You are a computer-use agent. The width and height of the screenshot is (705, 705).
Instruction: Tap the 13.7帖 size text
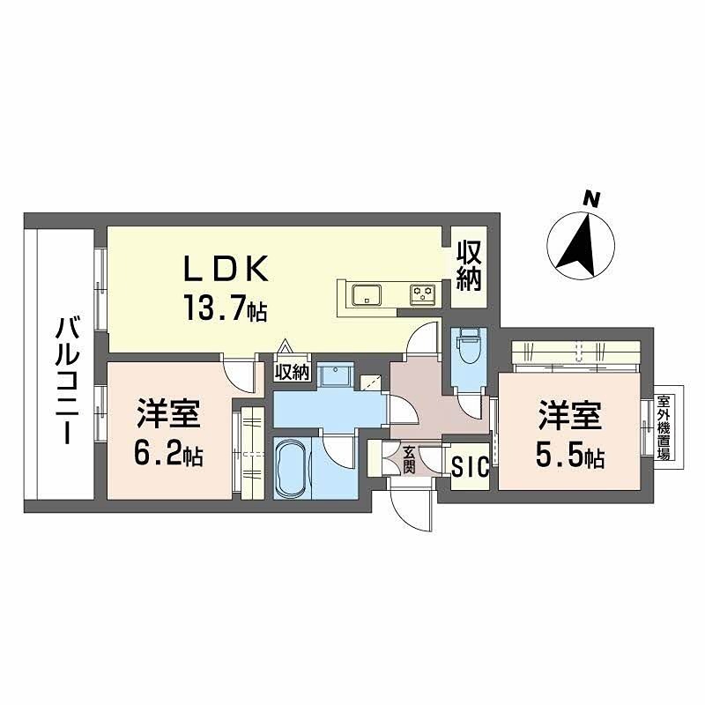point(225,308)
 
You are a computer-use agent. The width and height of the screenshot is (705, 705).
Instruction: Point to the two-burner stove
point(423,294)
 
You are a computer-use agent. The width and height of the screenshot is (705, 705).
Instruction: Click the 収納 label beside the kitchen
point(468,267)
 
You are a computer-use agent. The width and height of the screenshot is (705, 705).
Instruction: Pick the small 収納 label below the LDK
point(292,372)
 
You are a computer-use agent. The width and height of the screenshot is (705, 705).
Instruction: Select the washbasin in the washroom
point(333,377)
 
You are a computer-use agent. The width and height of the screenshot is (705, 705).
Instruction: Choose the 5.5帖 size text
point(571,456)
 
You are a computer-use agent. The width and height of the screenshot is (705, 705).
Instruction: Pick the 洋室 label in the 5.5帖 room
point(571,414)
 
